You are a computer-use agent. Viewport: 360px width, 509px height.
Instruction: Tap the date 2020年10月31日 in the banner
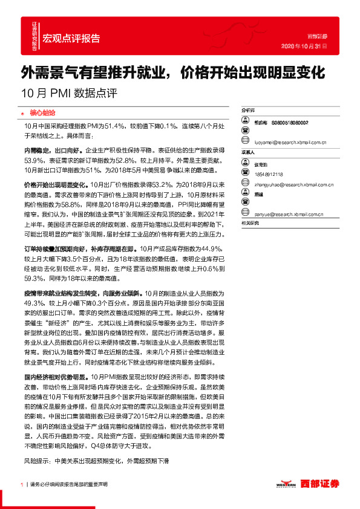[305, 46]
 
